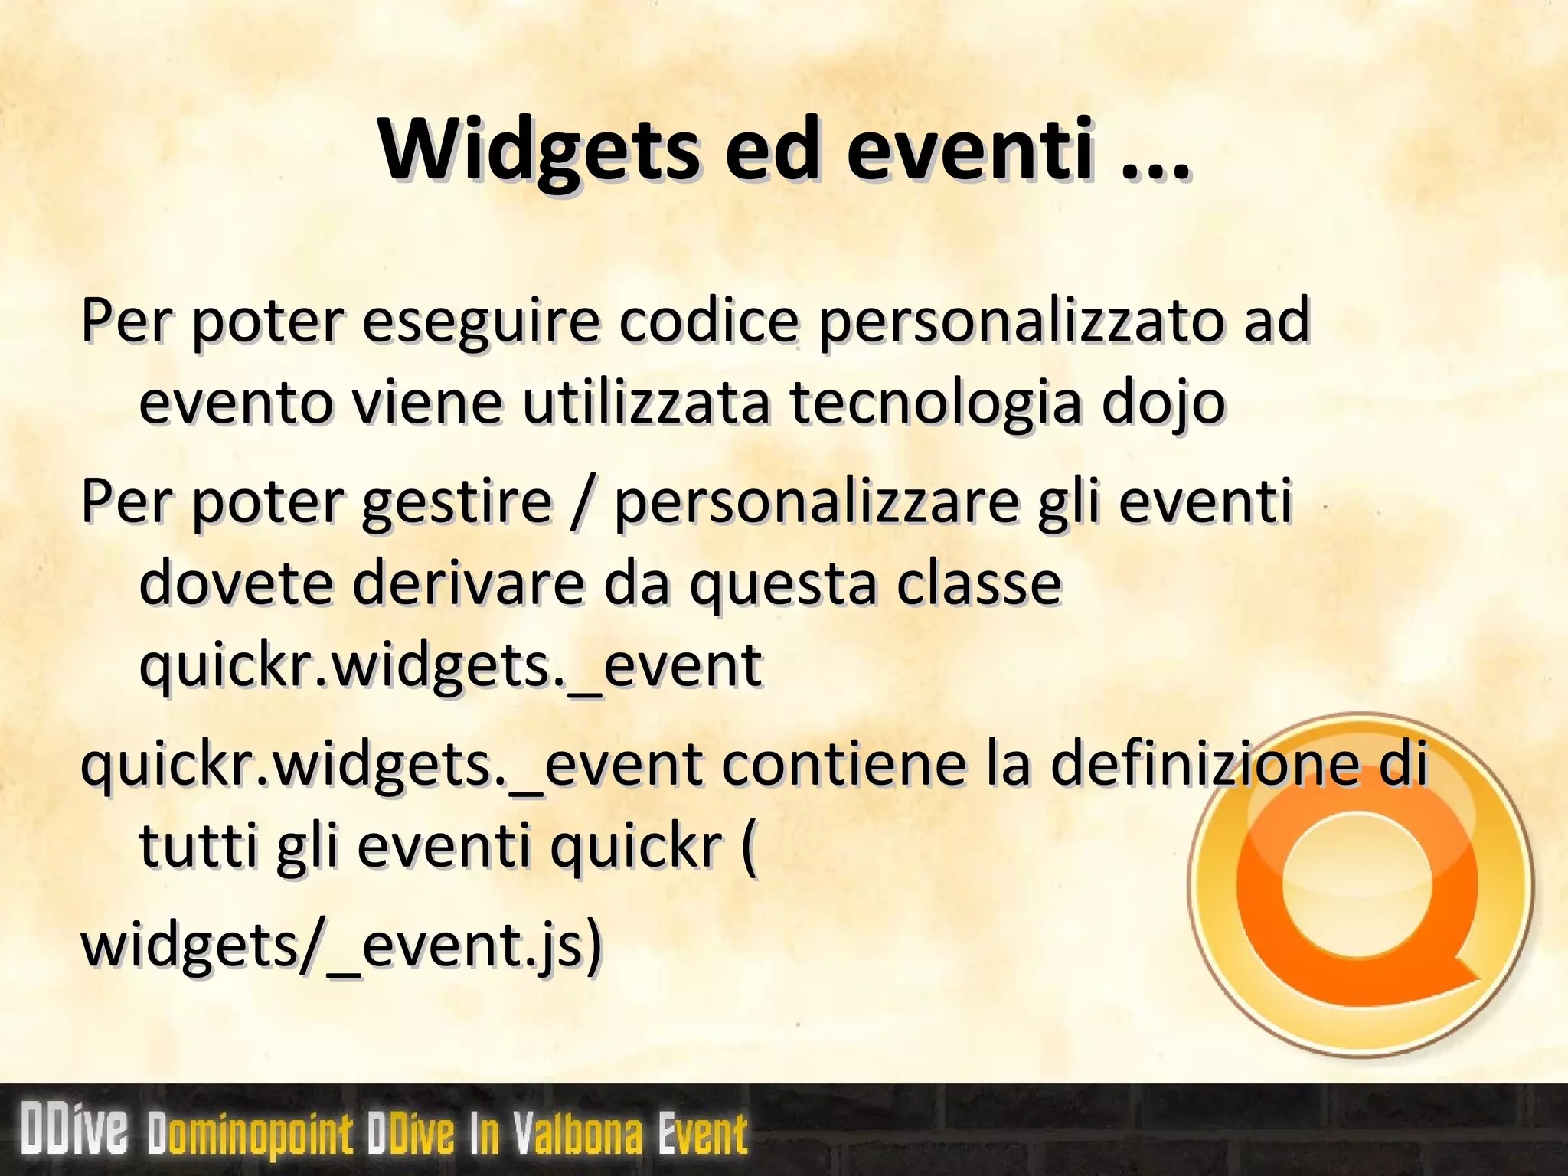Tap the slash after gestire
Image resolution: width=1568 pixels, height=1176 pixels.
pyautogui.click(x=582, y=501)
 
